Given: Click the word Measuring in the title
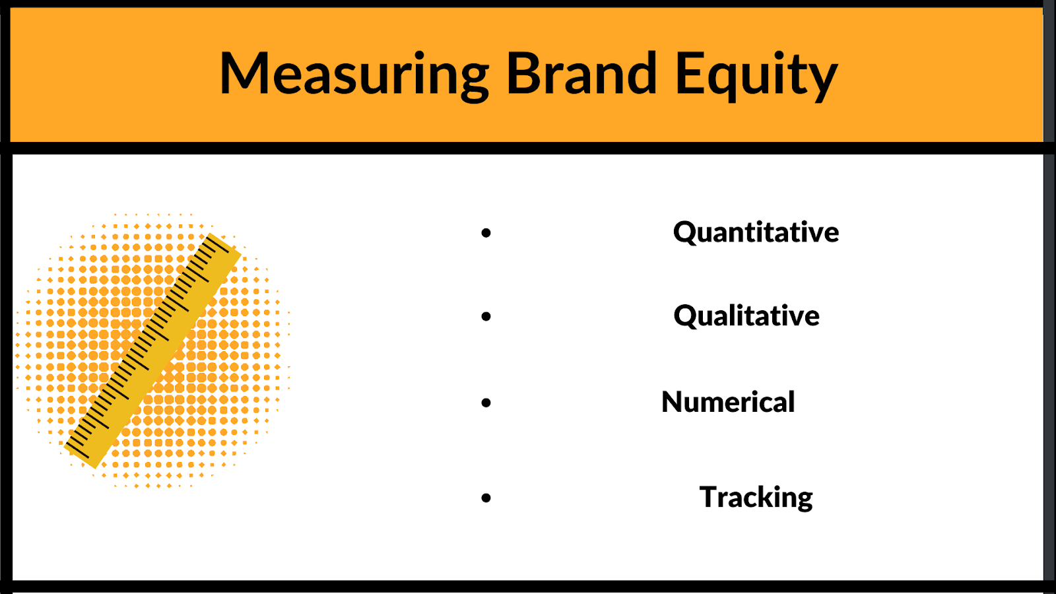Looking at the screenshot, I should (354, 75).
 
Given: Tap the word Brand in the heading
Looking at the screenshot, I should (581, 73).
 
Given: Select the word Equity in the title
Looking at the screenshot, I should (756, 75).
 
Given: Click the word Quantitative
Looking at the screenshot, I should (756, 232).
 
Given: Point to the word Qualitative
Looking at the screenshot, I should (746, 316).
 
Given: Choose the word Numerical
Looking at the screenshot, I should (728, 402).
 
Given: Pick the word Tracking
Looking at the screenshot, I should (756, 498).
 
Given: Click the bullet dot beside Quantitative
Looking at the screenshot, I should (486, 232).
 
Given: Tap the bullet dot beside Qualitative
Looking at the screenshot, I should (486, 317).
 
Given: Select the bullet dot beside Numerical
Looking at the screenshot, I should (486, 403).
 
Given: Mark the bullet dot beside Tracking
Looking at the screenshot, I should (486, 498).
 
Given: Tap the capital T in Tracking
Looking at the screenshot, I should (711, 497).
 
